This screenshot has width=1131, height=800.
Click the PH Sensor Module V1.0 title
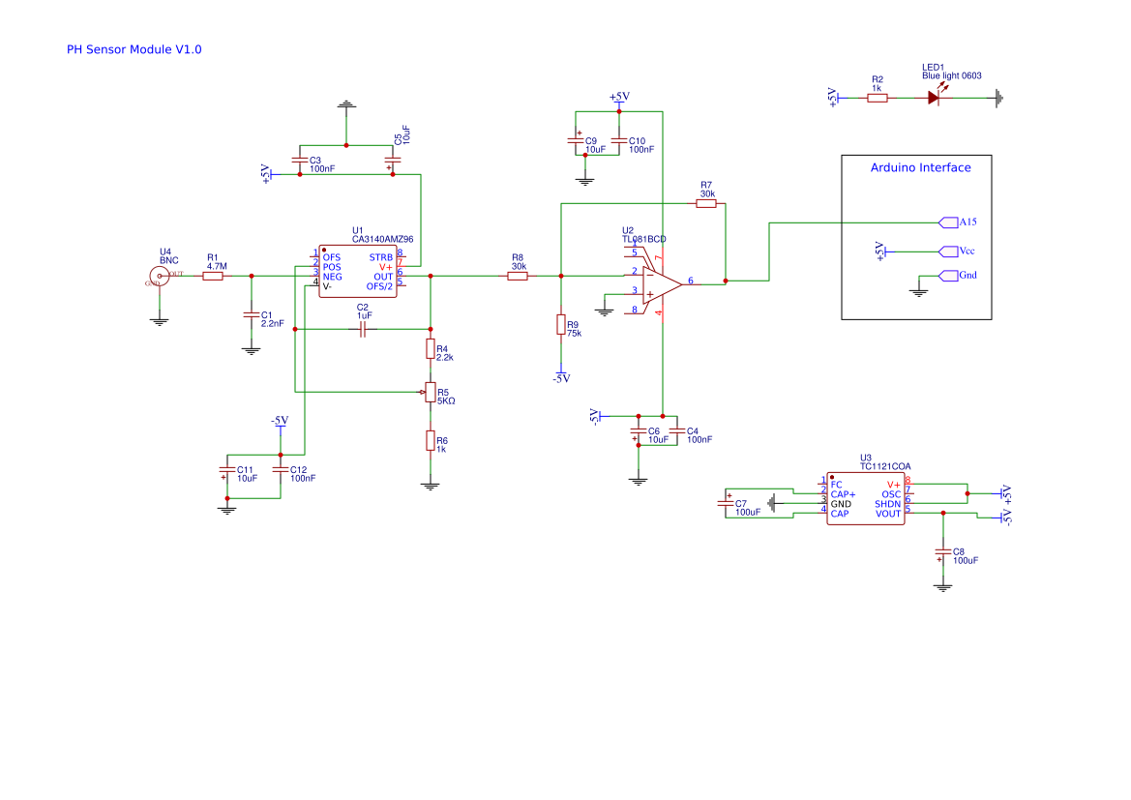pos(134,49)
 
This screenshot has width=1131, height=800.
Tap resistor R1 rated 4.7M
pos(213,277)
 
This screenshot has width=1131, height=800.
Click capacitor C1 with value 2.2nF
pos(252,316)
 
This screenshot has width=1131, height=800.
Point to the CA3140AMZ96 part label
pos(382,239)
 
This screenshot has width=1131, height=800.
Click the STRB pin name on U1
pos(380,256)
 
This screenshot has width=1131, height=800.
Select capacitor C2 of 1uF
pos(363,330)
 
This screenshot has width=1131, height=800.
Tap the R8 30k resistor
pos(519,277)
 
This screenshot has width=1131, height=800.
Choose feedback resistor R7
pos(706,204)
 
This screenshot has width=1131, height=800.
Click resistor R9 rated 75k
pos(561,324)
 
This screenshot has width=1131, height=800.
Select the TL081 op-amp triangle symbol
pos(662,283)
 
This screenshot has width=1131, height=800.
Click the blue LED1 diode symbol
pos(935,98)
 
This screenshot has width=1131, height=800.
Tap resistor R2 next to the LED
pos(878,98)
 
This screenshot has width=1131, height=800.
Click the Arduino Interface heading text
pos(920,167)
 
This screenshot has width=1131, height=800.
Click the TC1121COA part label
pos(885,466)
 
